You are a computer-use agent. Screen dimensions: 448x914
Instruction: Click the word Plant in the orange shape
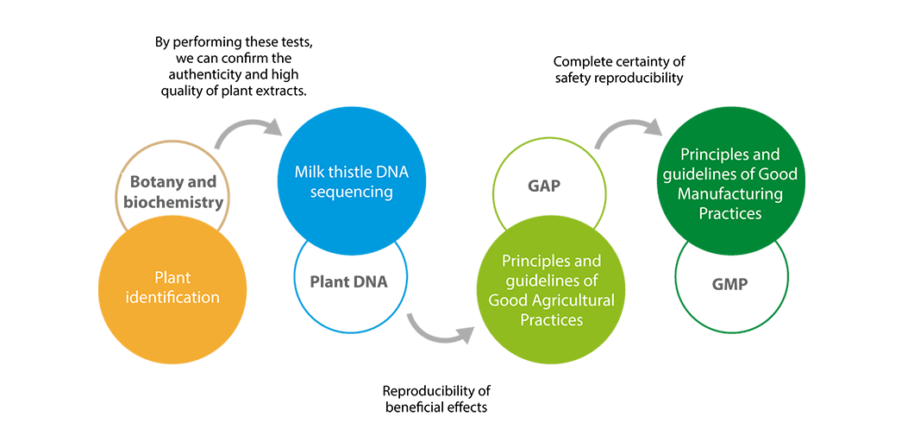click(x=172, y=278)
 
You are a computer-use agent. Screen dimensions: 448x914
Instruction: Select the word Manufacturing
click(x=730, y=194)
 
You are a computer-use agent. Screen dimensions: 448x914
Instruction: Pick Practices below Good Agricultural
click(x=552, y=320)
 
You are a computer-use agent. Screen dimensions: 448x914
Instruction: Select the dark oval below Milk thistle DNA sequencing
click(x=349, y=283)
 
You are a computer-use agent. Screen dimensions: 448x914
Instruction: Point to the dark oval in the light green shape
click(x=544, y=181)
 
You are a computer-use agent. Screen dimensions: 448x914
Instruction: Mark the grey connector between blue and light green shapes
click(x=438, y=328)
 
